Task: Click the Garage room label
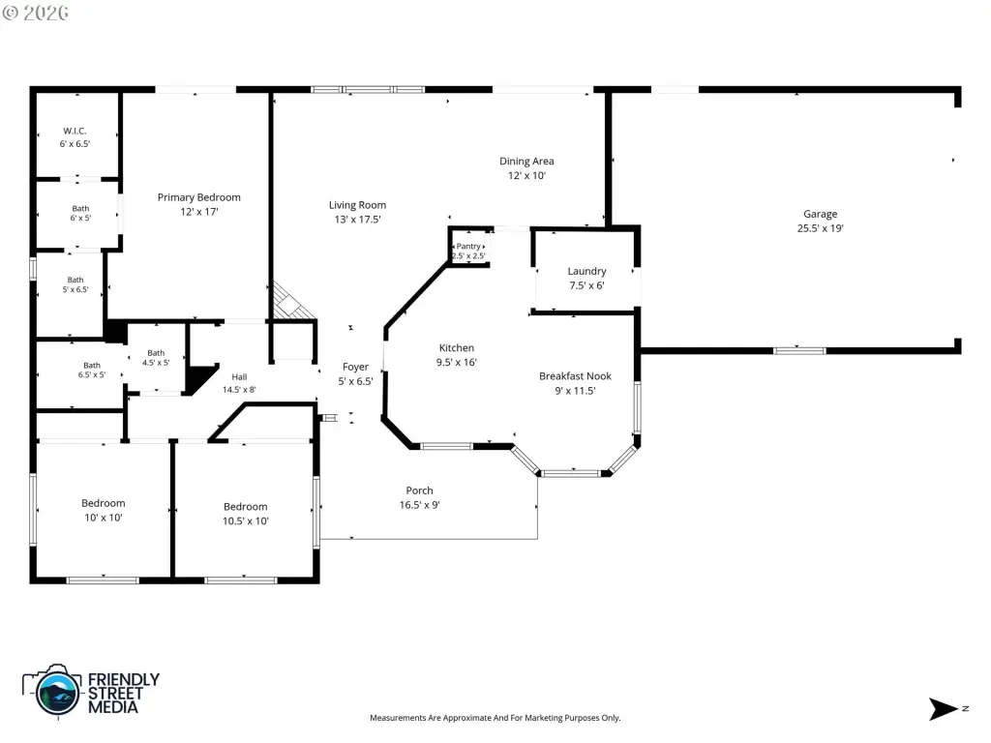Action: click(821, 214)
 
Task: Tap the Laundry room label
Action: click(586, 271)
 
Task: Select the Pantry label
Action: click(468, 247)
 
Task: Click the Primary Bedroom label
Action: click(199, 197)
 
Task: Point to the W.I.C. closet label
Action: click(75, 132)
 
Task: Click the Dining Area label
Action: click(526, 162)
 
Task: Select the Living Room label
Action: click(357, 205)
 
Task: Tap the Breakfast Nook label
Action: click(575, 376)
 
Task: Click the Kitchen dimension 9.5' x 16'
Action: click(457, 362)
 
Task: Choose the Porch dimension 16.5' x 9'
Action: click(420, 505)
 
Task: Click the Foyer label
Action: click(355, 367)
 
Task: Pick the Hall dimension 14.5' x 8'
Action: click(239, 390)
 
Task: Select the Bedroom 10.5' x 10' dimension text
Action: click(245, 521)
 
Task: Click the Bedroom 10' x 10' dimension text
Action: click(103, 518)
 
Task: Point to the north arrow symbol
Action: click(944, 709)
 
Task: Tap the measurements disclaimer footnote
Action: click(495, 718)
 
